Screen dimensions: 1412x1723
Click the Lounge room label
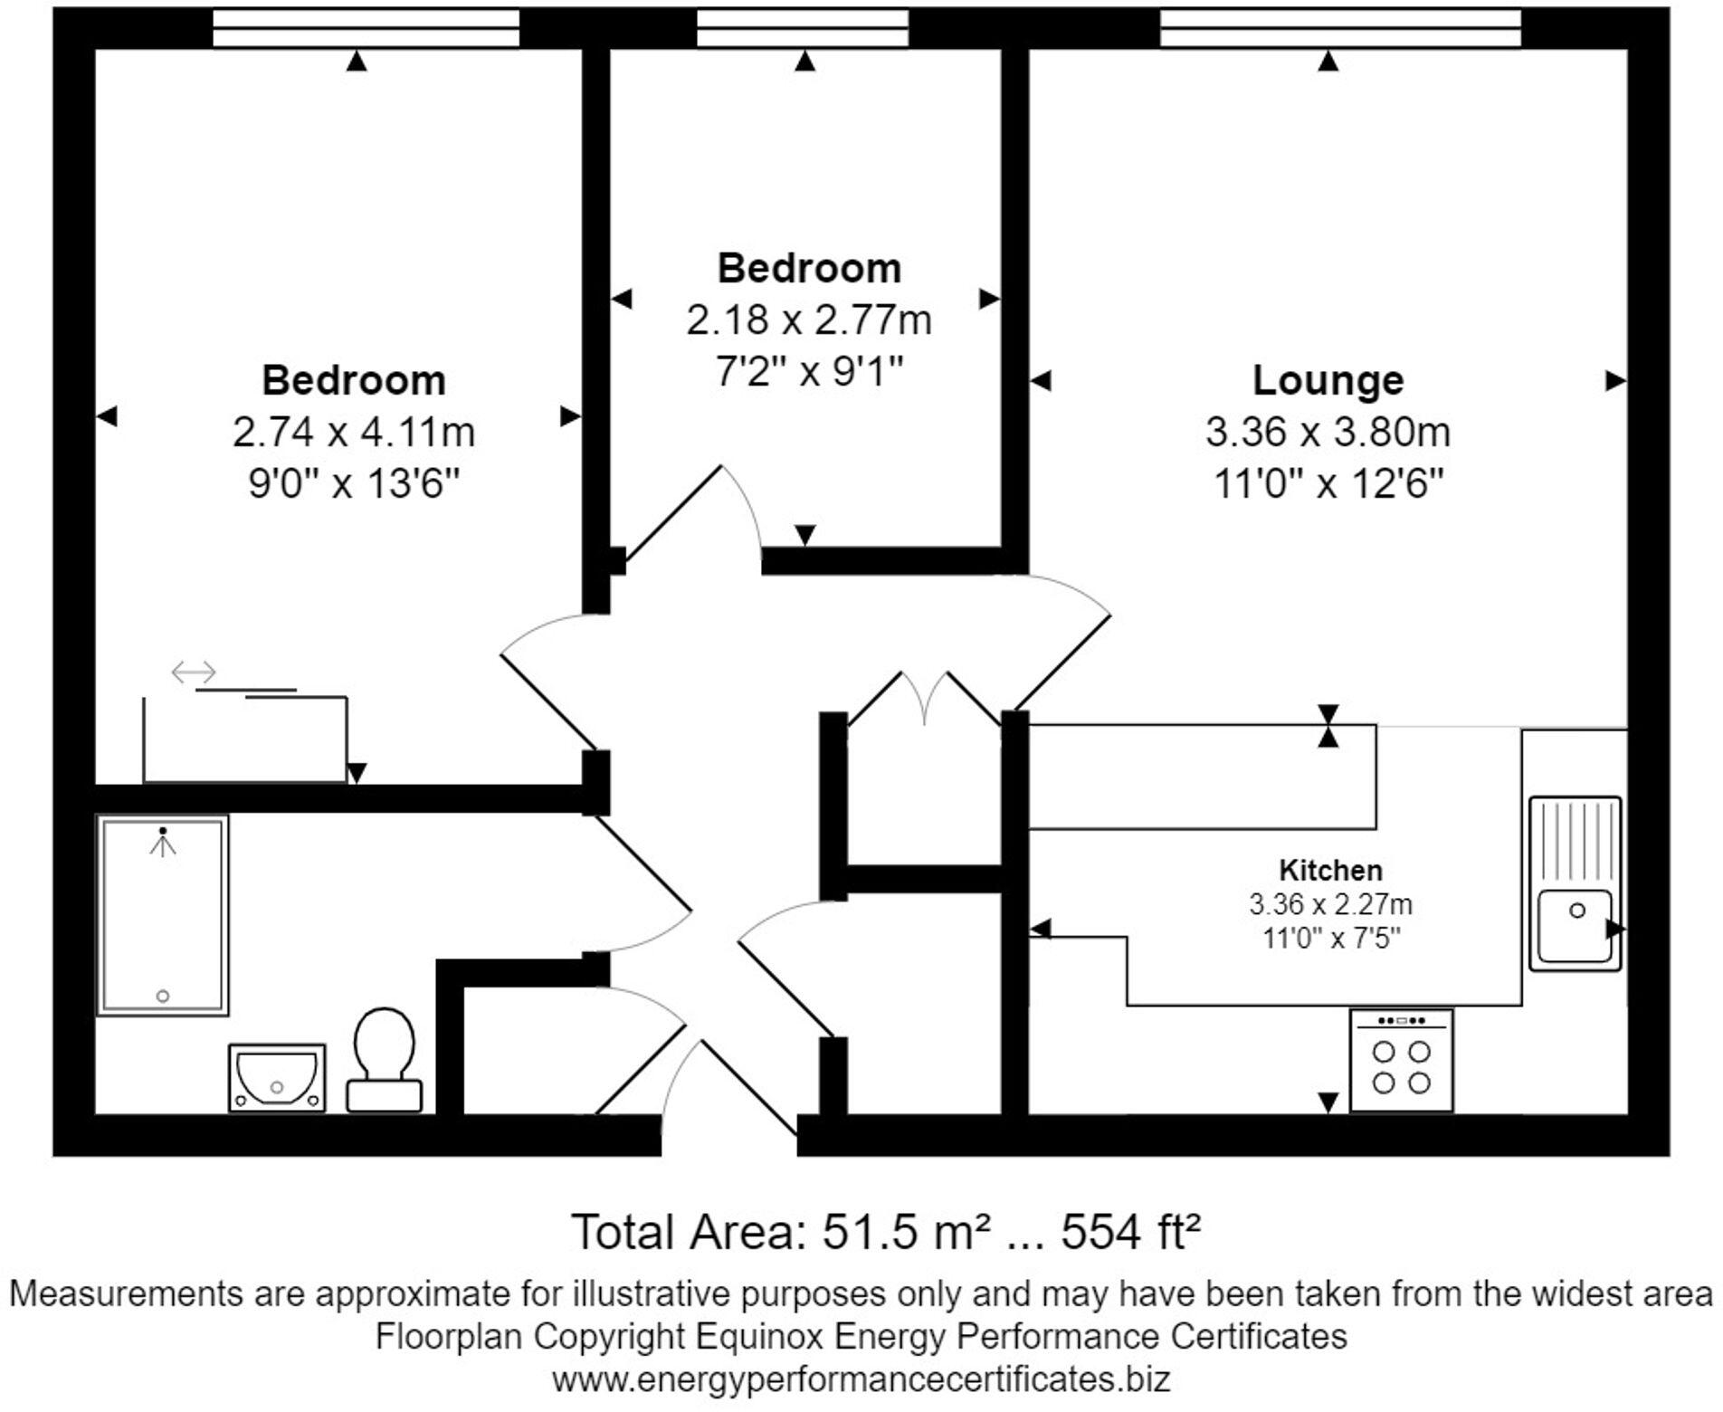click(x=1328, y=380)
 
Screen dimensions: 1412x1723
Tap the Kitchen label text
click(x=1330, y=871)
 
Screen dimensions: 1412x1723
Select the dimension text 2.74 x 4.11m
click(x=353, y=432)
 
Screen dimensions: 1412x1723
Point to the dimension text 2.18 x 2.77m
click(x=808, y=320)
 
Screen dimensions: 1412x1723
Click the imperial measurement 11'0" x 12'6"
click(x=1328, y=484)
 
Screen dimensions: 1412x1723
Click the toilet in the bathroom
click(x=385, y=1059)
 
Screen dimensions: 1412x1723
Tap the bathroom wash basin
click(x=276, y=1077)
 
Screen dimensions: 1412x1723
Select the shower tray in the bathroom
click(x=162, y=914)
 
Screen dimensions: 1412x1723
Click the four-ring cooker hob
click(x=1401, y=1062)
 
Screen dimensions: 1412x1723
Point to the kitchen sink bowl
click(x=1575, y=925)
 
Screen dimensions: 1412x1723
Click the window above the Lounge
click(x=1339, y=27)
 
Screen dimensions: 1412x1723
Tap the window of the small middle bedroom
click(x=802, y=27)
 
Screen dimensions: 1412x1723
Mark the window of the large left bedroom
click(x=366, y=27)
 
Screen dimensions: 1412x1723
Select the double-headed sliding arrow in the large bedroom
click(x=195, y=673)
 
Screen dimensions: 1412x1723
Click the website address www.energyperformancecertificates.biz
click(x=861, y=1379)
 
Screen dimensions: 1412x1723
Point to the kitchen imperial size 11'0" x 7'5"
click(x=1330, y=938)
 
